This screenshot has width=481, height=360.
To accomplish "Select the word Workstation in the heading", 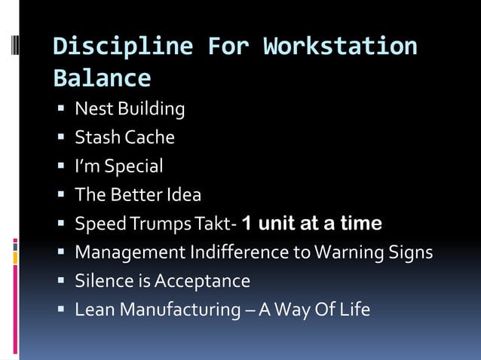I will click(x=340, y=47).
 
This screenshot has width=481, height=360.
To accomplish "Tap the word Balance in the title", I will click(x=102, y=78).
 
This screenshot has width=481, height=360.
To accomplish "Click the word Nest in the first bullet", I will click(x=90, y=109).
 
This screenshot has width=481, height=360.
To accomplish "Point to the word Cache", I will click(x=150, y=138).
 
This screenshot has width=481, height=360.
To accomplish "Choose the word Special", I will click(x=133, y=166).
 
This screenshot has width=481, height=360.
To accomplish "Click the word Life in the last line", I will click(x=354, y=310).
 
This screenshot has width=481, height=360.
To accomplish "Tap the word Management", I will click(x=124, y=252).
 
